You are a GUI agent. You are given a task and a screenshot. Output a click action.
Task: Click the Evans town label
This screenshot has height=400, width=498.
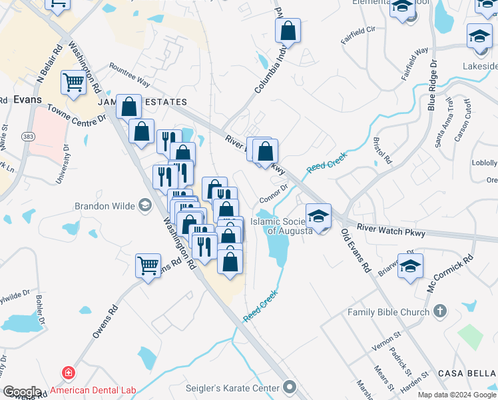27,99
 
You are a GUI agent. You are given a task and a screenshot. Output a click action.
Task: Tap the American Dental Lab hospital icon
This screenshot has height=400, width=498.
67,373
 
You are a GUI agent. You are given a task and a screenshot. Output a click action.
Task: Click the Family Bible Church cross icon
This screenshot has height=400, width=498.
439,311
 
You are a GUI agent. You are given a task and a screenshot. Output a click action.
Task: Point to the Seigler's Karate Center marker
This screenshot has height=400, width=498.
289,387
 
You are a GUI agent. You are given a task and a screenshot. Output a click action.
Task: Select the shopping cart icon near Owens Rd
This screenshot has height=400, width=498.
148,265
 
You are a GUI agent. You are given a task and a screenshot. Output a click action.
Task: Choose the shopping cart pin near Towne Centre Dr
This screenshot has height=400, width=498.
73,83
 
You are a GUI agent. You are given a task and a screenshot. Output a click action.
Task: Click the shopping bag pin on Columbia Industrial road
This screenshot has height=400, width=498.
288,31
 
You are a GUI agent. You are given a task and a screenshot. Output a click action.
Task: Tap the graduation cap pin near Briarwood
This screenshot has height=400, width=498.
411,265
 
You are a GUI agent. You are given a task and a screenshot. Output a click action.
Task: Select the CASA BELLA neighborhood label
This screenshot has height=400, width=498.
467,373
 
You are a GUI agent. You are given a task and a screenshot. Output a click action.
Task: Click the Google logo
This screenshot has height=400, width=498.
22,392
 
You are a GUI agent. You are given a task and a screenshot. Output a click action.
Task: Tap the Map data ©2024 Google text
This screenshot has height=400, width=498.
457,395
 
